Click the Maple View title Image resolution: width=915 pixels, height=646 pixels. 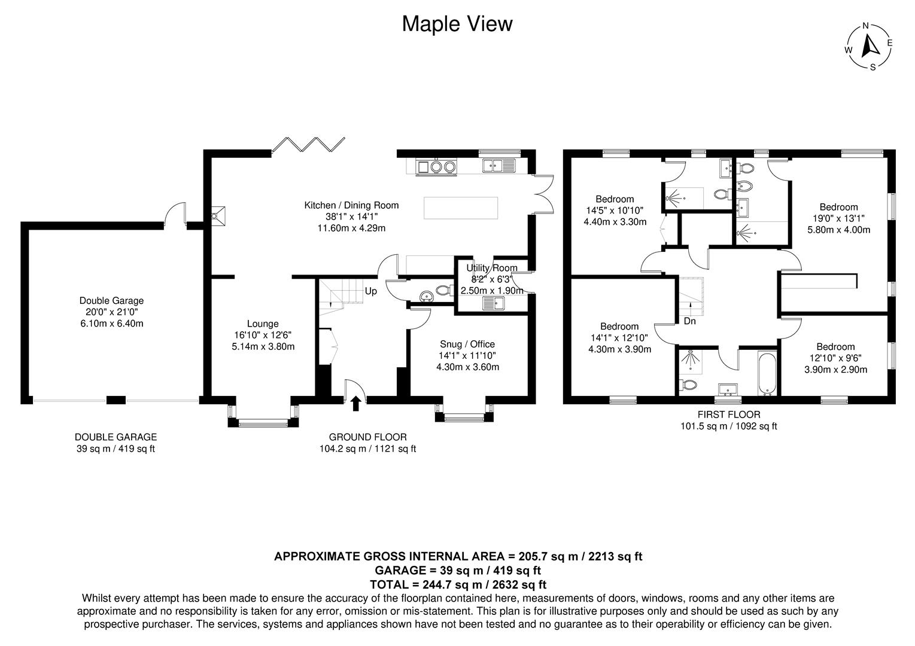tap(457, 24)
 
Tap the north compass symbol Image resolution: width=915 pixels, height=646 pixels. tap(869, 47)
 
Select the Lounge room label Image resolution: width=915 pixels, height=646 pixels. tap(263, 324)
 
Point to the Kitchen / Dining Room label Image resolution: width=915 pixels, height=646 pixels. tap(351, 205)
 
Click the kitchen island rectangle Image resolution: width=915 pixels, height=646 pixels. tap(461, 208)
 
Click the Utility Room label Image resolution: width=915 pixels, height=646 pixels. tap(492, 268)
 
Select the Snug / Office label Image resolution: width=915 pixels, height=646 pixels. tap(467, 344)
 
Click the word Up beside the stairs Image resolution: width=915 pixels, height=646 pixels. tap(371, 291)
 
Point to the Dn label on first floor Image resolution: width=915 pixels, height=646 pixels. tap(689, 321)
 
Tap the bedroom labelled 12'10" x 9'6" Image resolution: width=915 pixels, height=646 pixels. tap(835, 358)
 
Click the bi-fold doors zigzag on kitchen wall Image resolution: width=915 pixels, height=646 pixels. tap(308, 144)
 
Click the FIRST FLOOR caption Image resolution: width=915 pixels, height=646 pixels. tap(728, 415)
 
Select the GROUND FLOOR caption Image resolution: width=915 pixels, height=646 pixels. tap(367, 437)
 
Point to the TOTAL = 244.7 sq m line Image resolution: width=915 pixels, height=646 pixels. tap(458, 584)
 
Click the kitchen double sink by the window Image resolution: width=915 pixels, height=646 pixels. tap(498, 165)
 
